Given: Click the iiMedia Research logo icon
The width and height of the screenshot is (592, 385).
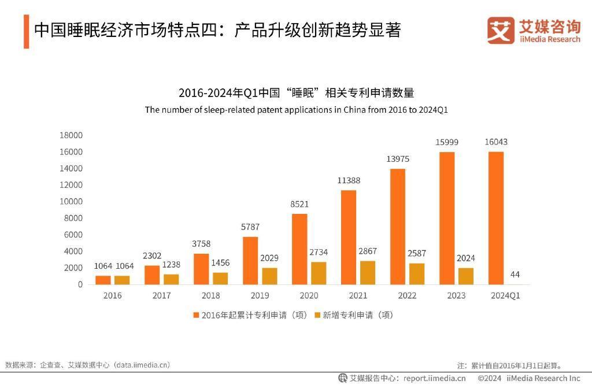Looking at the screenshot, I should tap(501, 30).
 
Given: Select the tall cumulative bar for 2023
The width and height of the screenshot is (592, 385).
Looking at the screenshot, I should tap(447, 218).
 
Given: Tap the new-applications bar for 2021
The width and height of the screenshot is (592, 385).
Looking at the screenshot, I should tap(368, 272).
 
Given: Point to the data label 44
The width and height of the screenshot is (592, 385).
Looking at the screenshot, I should tap(515, 274).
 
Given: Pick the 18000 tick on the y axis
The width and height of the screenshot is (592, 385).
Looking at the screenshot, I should tap(71, 135).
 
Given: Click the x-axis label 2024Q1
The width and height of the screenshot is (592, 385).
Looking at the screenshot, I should tap(505, 296).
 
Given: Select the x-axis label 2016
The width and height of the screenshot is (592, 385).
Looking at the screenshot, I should tap(112, 296).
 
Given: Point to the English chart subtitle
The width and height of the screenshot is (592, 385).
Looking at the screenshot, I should tap(296, 110).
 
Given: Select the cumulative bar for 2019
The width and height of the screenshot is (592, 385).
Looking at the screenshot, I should tap(250, 260).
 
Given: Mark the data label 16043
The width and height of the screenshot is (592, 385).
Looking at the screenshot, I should tap(496, 142).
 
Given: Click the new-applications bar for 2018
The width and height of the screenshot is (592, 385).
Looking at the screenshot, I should tap(220, 278).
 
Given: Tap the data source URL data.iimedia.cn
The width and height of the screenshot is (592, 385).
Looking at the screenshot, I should tap(142, 365).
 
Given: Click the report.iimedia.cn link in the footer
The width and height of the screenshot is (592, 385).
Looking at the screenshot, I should tap(434, 378).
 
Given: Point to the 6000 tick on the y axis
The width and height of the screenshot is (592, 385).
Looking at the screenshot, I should tap(73, 235).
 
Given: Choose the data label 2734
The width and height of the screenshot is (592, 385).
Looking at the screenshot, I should tap(319, 253).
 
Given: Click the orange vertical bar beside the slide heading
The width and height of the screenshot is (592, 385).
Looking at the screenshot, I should tap(26, 31).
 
